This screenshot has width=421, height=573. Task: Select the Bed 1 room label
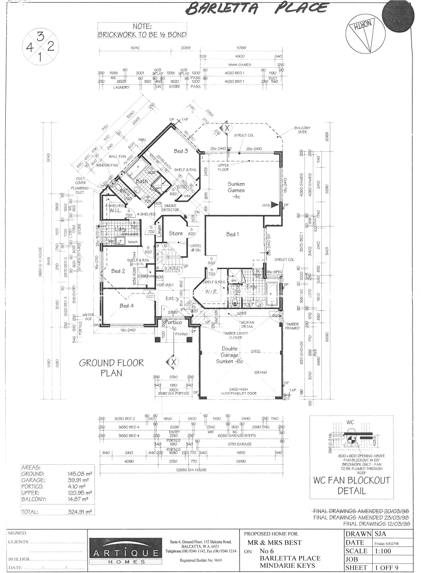click(x=233, y=234)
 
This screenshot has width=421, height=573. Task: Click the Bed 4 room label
click(x=127, y=306)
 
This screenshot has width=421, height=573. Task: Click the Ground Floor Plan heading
click(x=103, y=368)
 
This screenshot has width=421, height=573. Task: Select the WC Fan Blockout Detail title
click(x=351, y=485)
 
